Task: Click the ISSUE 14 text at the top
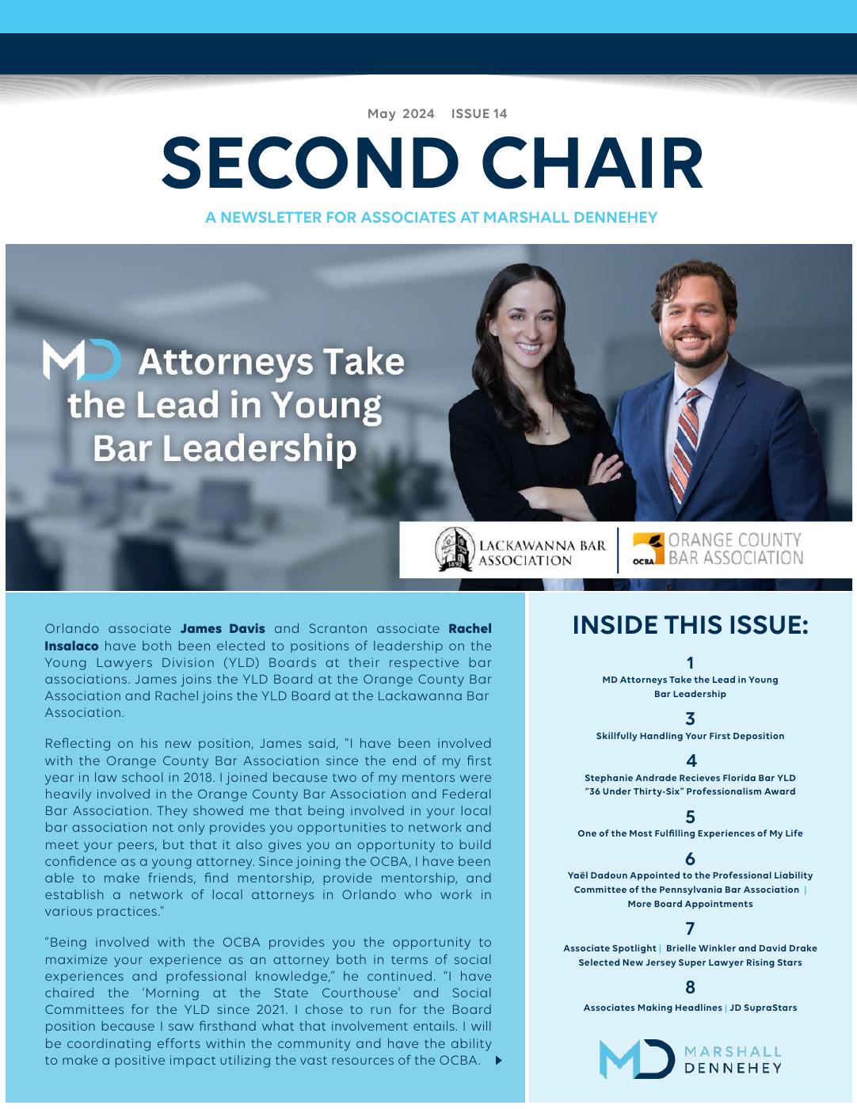point(479,113)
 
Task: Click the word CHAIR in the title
point(592,164)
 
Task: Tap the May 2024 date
point(401,113)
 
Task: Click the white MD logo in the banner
point(82,360)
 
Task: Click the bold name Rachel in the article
point(470,629)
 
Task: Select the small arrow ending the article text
point(498,1061)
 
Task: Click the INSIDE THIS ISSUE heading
point(690,626)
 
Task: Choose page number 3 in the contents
point(690,718)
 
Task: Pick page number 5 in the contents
point(690,817)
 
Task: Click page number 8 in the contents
point(690,987)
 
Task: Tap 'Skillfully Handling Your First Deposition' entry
point(690,736)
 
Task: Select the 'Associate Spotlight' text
point(609,948)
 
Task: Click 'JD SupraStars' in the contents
point(763,1008)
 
